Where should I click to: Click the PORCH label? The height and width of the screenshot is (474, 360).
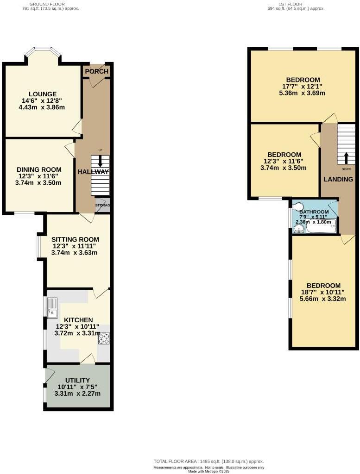pyautogui.click(x=97, y=71)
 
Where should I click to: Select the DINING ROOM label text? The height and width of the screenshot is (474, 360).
pyautogui.click(x=39, y=169)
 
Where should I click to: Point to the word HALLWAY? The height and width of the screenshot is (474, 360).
pyautogui.click(x=93, y=172)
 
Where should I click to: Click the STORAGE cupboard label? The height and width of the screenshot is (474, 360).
pyautogui.click(x=103, y=205)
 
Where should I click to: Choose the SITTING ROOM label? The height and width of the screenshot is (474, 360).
pyautogui.click(x=75, y=239)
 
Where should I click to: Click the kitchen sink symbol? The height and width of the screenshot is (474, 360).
pyautogui.click(x=51, y=308)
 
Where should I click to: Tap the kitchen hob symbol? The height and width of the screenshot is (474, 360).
pyautogui.click(x=103, y=338)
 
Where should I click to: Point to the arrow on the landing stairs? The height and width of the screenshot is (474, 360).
pyautogui.click(x=345, y=157)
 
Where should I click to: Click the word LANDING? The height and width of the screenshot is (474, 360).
pyautogui.click(x=338, y=179)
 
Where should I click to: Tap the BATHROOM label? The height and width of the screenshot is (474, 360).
pyautogui.click(x=314, y=212)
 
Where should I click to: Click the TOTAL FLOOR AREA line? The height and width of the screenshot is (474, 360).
pyautogui.click(x=208, y=462)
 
